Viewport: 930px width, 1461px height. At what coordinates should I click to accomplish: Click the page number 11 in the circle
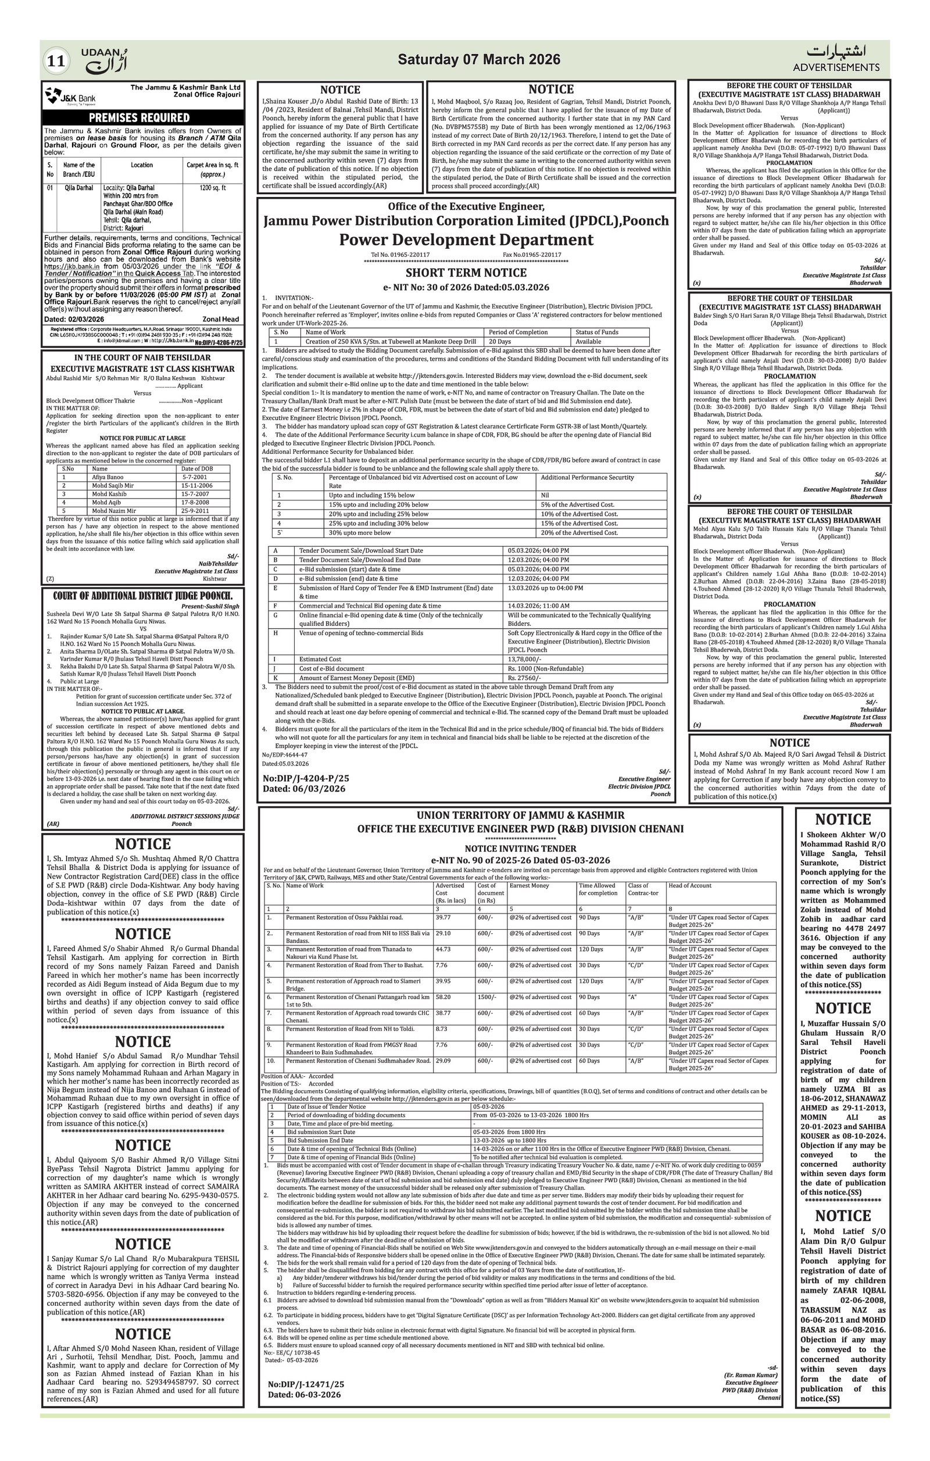56,60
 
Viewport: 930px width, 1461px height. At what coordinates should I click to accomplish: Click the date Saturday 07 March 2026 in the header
478,59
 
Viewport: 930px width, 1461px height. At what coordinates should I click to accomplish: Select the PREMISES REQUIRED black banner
143,118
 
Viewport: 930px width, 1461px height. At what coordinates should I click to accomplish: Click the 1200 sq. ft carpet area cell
212,188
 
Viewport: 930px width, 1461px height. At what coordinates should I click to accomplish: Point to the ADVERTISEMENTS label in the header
836,67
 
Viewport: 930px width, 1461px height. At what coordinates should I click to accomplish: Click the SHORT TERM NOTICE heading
466,273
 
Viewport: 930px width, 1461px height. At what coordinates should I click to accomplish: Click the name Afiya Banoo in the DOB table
108,477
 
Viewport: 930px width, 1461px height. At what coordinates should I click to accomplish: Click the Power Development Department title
466,239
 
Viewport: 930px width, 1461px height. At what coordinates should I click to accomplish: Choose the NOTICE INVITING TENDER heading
520,848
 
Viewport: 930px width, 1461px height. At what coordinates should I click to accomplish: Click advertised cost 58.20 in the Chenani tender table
443,997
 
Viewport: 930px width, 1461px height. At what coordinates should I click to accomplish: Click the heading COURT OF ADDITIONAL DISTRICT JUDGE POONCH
143,596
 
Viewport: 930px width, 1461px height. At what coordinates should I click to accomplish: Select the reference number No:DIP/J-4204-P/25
306,778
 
